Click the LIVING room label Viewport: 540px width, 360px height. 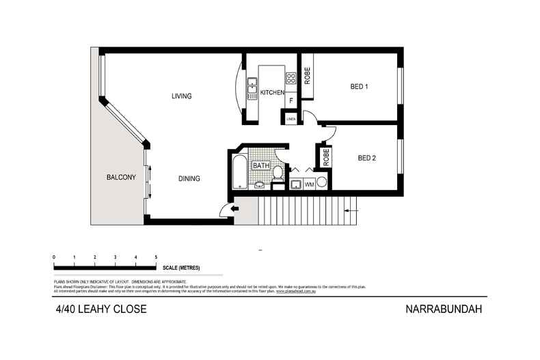click(x=181, y=96)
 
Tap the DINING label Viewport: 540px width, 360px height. click(x=189, y=179)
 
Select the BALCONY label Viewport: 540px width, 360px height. click(x=121, y=178)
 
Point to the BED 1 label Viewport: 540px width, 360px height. click(x=360, y=87)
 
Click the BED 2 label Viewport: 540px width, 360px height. click(x=368, y=158)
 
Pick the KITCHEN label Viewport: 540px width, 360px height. click(x=272, y=92)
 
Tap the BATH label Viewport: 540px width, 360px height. click(x=261, y=165)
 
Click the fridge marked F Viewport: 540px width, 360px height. click(x=291, y=101)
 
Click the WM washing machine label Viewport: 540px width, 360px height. click(x=309, y=184)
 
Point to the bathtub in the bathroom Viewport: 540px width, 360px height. click(x=239, y=171)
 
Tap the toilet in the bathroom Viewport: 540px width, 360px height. click(x=278, y=176)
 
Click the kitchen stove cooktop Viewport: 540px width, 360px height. click(x=291, y=78)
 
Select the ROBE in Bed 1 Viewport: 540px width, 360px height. click(x=308, y=75)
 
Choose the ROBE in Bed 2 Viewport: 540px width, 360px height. click(x=326, y=156)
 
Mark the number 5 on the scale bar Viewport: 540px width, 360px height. click(x=157, y=257)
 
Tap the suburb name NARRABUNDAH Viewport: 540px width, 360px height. click(x=445, y=309)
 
